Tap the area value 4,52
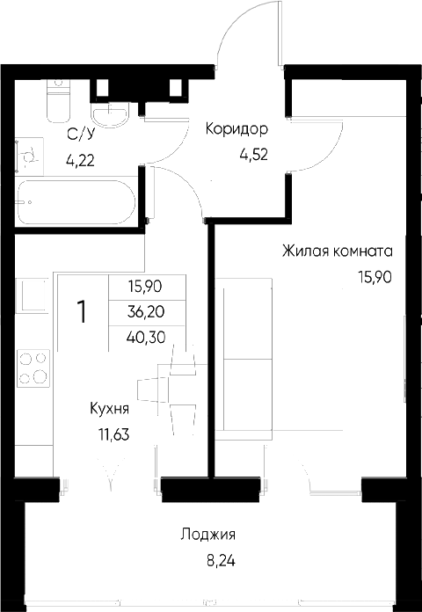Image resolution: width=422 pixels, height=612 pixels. [x=253, y=155]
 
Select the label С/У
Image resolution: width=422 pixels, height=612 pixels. [x=81, y=135]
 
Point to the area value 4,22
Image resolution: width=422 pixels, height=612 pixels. [x=80, y=160]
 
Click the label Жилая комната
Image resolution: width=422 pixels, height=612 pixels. [x=337, y=251]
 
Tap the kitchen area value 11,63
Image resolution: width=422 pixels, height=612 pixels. [x=113, y=433]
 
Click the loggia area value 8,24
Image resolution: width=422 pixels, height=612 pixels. [x=222, y=562]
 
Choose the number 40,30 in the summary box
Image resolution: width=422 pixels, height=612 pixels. [x=146, y=337]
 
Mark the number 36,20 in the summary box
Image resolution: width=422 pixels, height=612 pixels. [x=146, y=311]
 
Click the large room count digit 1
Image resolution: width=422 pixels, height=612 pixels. [x=82, y=312]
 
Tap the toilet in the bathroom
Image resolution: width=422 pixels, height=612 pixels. [x=58, y=101]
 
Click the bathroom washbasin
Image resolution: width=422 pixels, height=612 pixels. [x=110, y=113]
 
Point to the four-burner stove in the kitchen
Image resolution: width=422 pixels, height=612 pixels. [x=33, y=368]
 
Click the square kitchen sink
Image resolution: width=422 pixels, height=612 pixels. [x=33, y=295]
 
